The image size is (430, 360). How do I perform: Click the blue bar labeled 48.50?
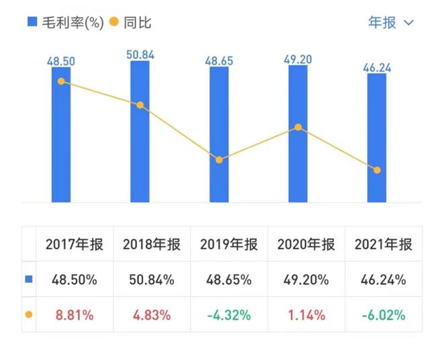(61, 134)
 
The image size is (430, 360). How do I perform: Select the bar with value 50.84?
(140, 131)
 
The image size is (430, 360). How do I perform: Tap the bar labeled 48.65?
(219, 134)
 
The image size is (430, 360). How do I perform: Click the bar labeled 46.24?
(377, 138)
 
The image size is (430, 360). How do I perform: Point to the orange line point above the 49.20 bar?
(298, 127)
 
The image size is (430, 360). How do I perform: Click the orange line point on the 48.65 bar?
(219, 160)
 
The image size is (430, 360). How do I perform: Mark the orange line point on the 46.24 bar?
(377, 170)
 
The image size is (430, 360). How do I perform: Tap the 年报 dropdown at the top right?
(390, 22)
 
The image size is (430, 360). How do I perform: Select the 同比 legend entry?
(130, 22)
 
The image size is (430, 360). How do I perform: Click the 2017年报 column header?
(75, 245)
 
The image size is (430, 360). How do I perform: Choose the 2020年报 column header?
(306, 245)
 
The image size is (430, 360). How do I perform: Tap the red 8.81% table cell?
(75, 314)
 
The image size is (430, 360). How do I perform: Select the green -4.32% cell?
(229, 314)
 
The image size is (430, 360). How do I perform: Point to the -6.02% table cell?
(384, 314)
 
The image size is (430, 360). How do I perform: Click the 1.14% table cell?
(306, 314)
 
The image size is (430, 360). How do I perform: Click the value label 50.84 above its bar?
(140, 54)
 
